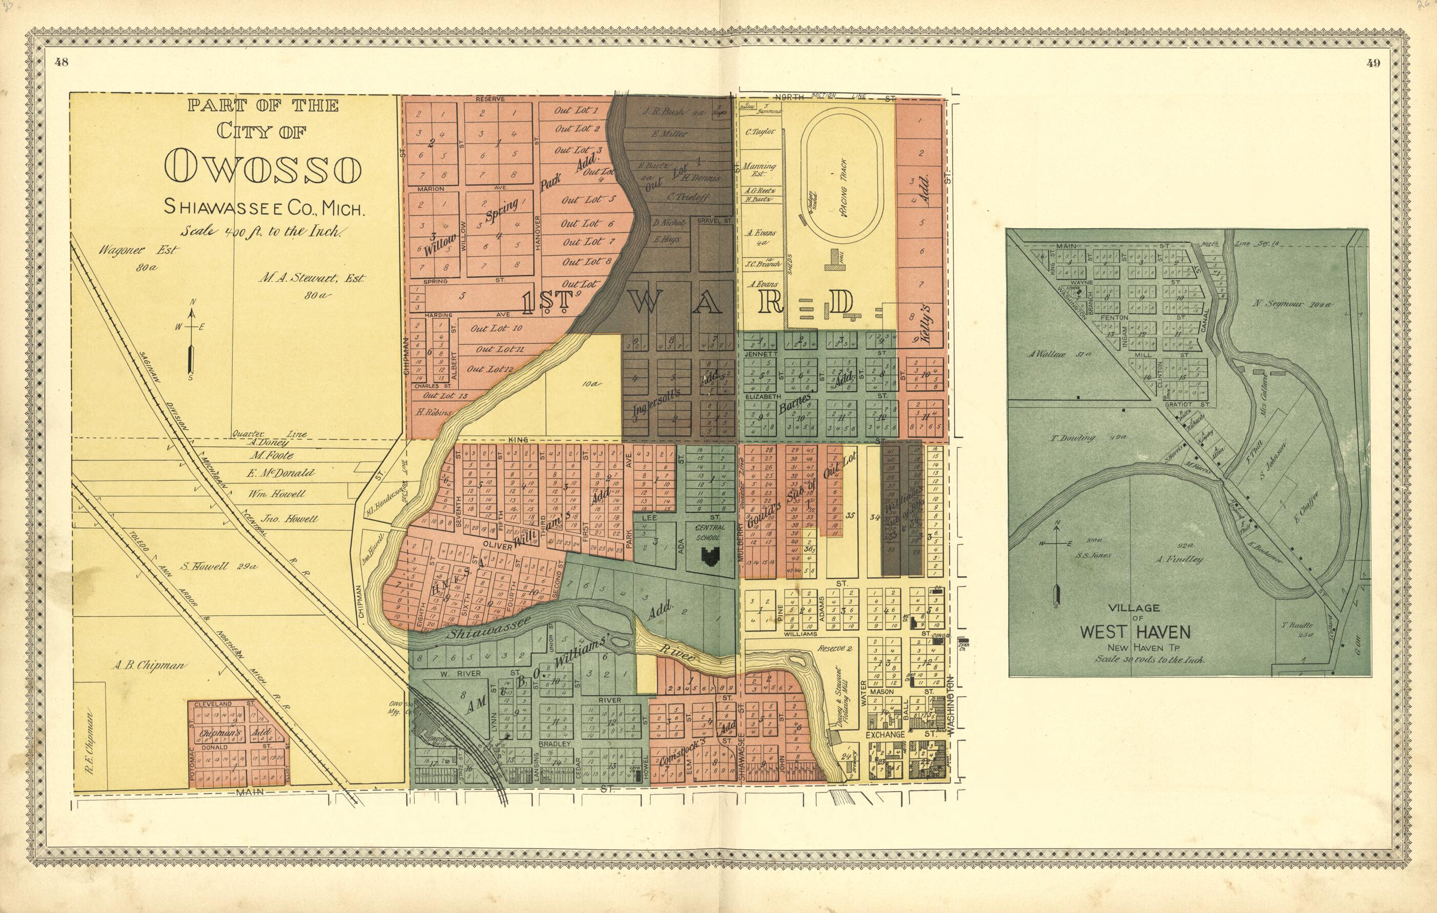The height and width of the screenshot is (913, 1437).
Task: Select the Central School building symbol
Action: click(x=710, y=556)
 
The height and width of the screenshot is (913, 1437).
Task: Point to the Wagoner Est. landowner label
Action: click(x=138, y=251)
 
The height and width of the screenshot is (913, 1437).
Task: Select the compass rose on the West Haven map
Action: click(x=1057, y=558)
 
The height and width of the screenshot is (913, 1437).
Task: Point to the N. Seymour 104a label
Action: click(x=1291, y=304)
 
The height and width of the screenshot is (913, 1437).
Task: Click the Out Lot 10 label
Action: click(x=496, y=328)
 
